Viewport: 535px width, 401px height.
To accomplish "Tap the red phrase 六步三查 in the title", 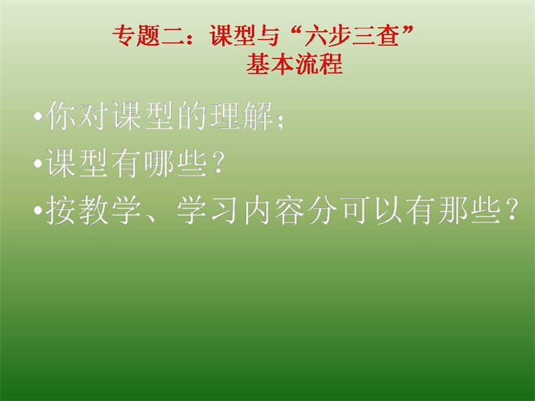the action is click(x=352, y=35).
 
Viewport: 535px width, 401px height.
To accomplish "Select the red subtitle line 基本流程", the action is click(x=294, y=63).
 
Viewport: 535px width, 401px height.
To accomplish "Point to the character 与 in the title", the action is click(x=267, y=35).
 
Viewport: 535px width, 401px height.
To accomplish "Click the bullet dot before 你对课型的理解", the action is click(x=38, y=116).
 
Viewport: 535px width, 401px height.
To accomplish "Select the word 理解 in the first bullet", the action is click(x=241, y=116).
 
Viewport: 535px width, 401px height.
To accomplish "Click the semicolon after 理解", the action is click(x=280, y=120).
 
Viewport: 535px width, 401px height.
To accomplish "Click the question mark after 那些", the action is click(x=512, y=209).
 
